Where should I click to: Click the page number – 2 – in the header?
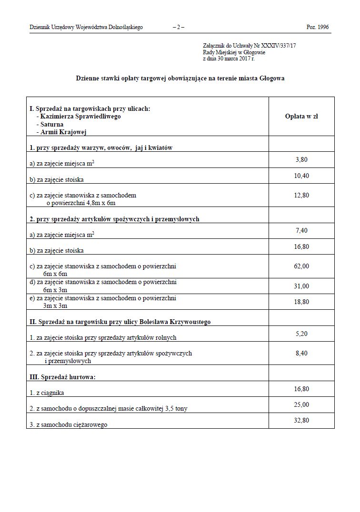[x=179, y=27]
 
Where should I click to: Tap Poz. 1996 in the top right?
[x=318, y=27]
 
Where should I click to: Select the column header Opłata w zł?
[x=301, y=116]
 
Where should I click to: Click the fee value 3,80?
[x=301, y=160]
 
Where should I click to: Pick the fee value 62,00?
[x=301, y=266]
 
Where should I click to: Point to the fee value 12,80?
[x=301, y=195]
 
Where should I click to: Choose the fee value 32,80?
[x=301, y=421]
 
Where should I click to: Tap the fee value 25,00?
[x=301, y=405]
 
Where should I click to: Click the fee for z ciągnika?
[x=301, y=389]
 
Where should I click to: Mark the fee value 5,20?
[x=301, y=334]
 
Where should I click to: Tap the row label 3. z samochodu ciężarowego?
[x=68, y=424]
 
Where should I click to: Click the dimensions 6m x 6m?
[x=55, y=275]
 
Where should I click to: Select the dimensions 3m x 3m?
[x=55, y=306]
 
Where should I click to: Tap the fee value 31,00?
[x=301, y=286]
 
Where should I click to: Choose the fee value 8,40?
[x=301, y=354]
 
